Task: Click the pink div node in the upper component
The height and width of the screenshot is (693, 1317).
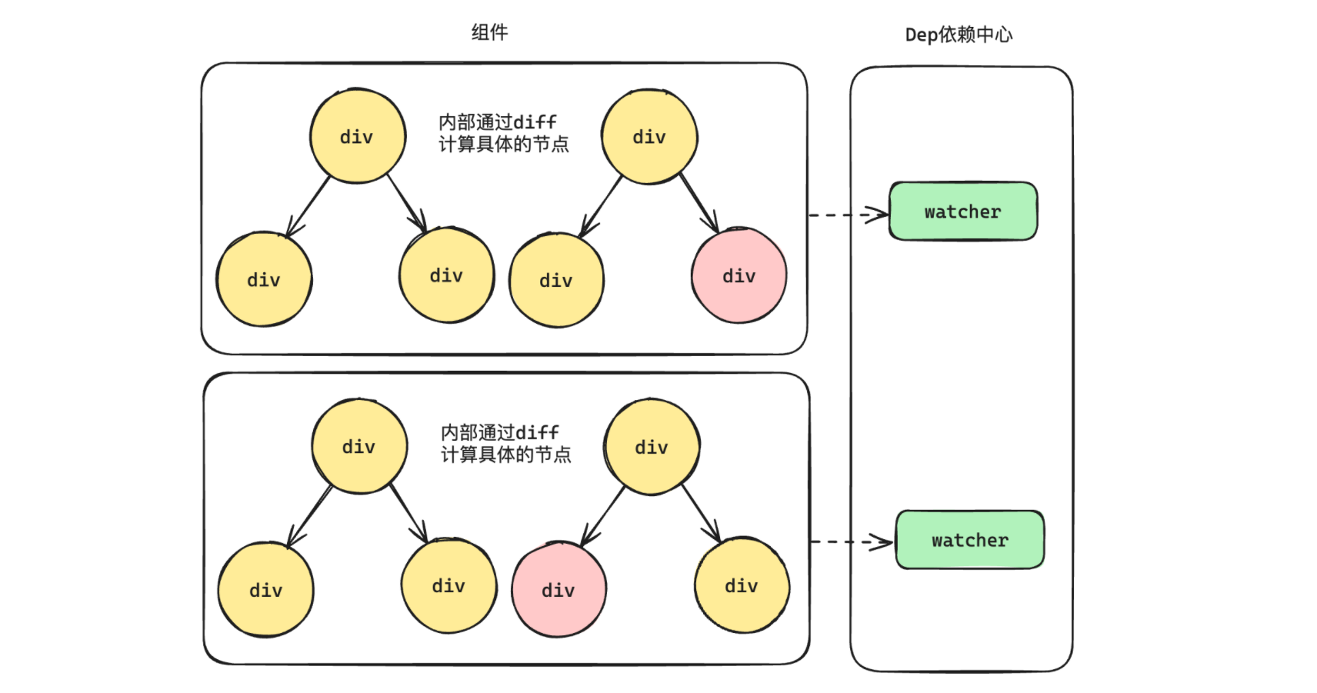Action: (x=739, y=275)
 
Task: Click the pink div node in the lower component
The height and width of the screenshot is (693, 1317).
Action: (x=558, y=590)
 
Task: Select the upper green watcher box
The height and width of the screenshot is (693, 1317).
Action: (x=962, y=212)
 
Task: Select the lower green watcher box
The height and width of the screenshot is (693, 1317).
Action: (x=969, y=540)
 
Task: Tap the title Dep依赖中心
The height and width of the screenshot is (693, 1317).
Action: (x=959, y=35)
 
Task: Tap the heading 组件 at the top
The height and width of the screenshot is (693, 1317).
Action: (x=489, y=32)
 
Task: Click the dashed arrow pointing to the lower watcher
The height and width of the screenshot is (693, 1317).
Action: (x=851, y=542)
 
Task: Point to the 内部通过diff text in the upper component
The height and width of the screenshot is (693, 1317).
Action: (x=498, y=122)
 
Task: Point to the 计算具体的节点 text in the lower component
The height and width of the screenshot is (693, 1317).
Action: (x=505, y=455)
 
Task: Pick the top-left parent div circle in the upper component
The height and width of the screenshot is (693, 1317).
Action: (x=357, y=137)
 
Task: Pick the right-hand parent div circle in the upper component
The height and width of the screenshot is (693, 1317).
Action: (x=649, y=137)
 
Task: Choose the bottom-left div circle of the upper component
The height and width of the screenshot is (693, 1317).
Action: (x=264, y=280)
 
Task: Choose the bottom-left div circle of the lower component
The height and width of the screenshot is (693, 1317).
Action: (x=265, y=590)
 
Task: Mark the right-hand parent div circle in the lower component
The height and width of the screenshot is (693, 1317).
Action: (x=652, y=447)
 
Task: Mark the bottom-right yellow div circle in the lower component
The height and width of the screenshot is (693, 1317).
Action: (x=742, y=586)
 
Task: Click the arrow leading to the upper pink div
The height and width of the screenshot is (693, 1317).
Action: (x=699, y=202)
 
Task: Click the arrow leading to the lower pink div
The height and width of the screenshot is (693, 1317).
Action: (x=603, y=515)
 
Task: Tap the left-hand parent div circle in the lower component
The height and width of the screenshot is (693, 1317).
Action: (x=359, y=446)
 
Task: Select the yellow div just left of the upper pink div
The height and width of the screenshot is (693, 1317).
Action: (x=556, y=281)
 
